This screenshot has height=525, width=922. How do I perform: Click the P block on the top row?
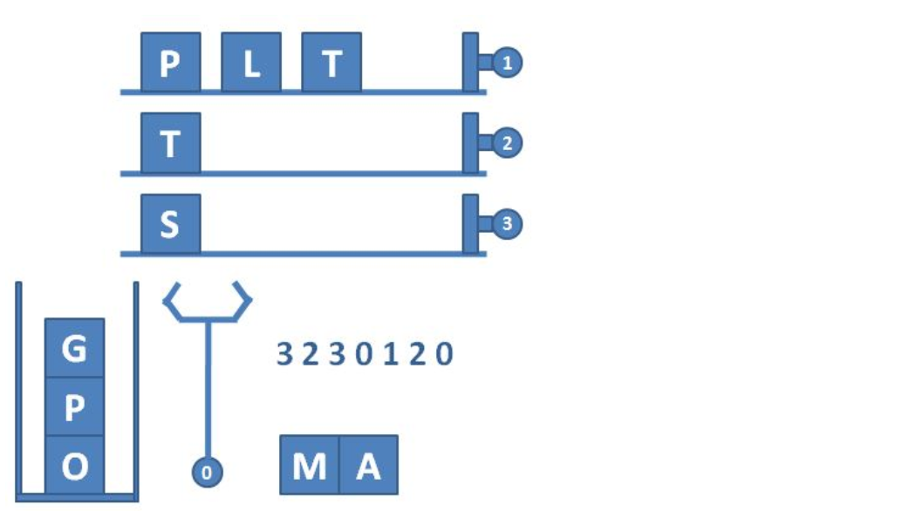pyautogui.click(x=171, y=63)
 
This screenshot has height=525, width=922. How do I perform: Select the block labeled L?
pyautogui.click(x=251, y=63)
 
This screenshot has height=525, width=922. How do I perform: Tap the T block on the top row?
pyautogui.click(x=331, y=63)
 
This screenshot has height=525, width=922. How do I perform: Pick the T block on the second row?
pyautogui.click(x=171, y=143)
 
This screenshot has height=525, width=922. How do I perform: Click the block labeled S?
pyautogui.click(x=171, y=224)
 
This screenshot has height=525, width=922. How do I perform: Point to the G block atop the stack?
pyautogui.click(x=75, y=348)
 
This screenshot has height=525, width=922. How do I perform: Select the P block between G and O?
pyautogui.click(x=75, y=406)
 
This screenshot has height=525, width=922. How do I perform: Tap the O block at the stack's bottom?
pyautogui.click(x=75, y=465)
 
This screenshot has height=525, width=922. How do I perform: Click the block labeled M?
pyautogui.click(x=309, y=466)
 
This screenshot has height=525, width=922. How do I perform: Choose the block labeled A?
pyautogui.click(x=369, y=466)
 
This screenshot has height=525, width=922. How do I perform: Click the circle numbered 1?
pyautogui.click(x=507, y=63)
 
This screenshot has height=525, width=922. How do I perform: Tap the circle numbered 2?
pyautogui.click(x=507, y=143)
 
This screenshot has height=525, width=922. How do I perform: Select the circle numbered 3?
pyautogui.click(x=507, y=224)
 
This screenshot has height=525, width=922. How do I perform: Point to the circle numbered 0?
pyautogui.click(x=207, y=473)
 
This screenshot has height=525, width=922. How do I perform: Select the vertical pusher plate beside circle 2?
pyautogui.click(x=470, y=143)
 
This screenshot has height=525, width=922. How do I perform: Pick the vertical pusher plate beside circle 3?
pyautogui.click(x=470, y=224)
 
